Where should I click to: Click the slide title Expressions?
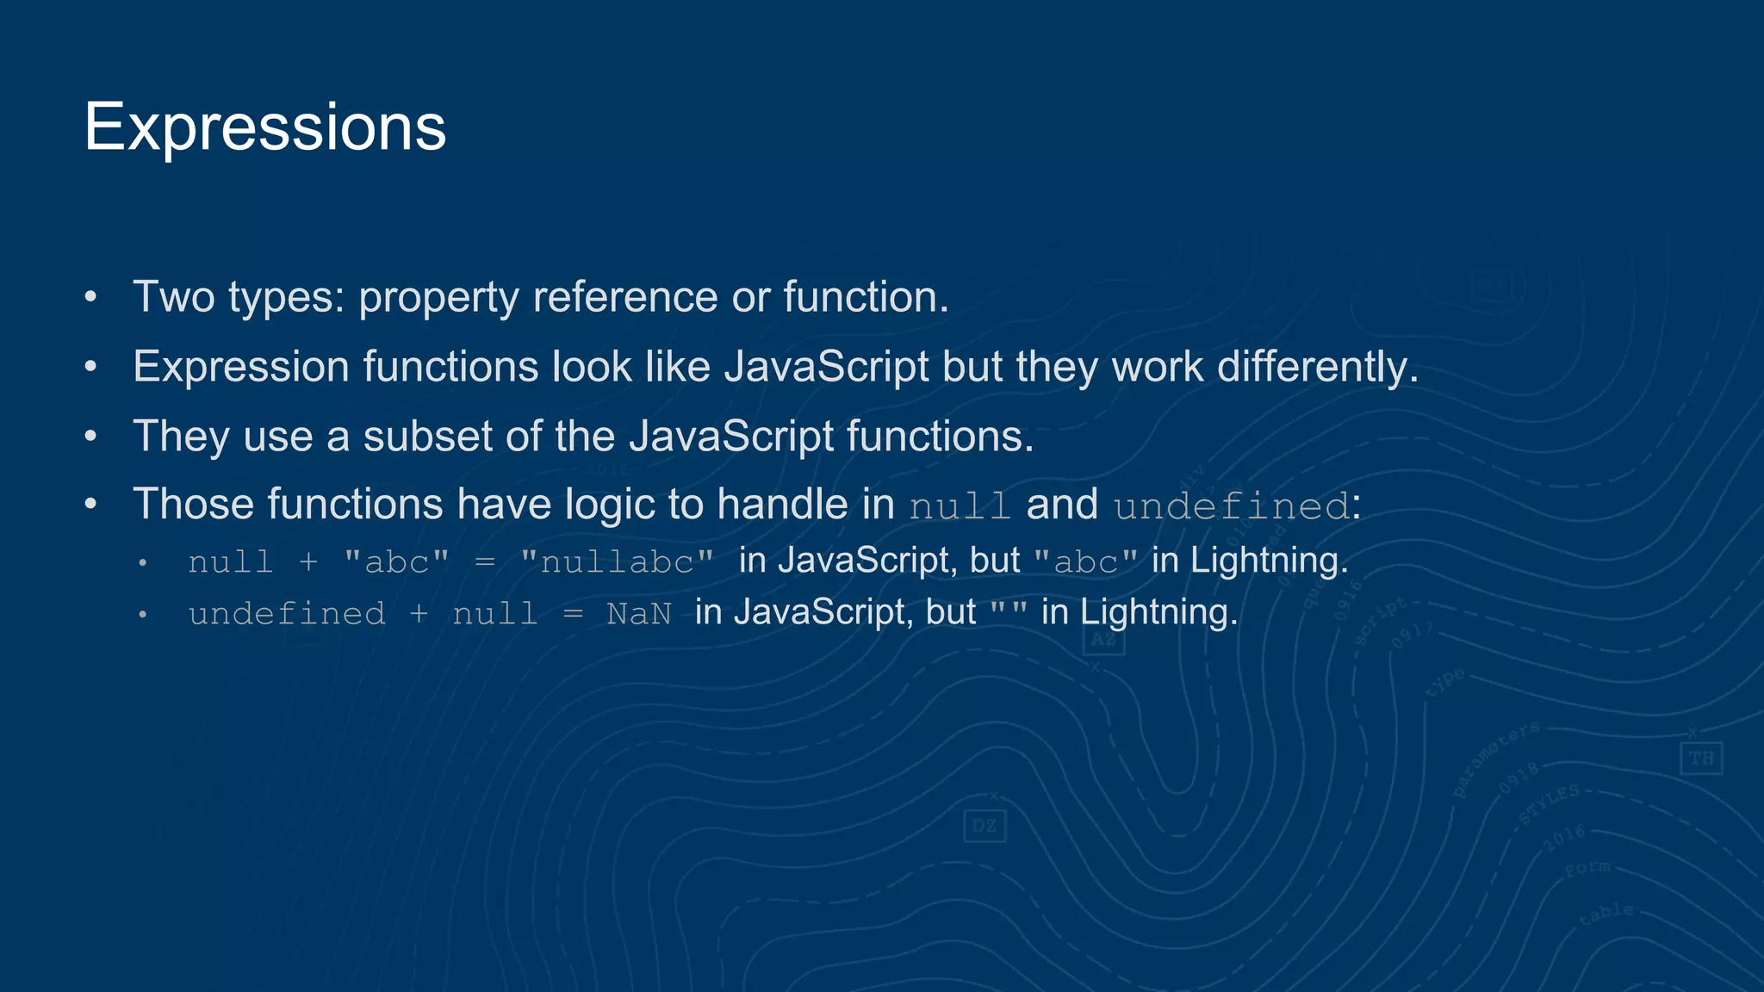pos(264,127)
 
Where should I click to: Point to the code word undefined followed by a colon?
pos(1231,506)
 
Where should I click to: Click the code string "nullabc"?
pos(617,562)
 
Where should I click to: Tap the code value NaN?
pos(638,614)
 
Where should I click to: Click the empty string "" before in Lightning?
pos(1008,613)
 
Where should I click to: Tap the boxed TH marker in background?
pos(1700,759)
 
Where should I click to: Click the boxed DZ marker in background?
pos(984,827)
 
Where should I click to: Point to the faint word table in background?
pos(1606,914)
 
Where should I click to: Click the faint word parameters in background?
pos(1495,759)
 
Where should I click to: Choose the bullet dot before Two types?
pos(90,298)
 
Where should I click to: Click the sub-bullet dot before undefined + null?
pos(143,615)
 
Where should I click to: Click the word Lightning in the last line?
pos(1158,612)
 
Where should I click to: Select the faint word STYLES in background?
pos(1549,803)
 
